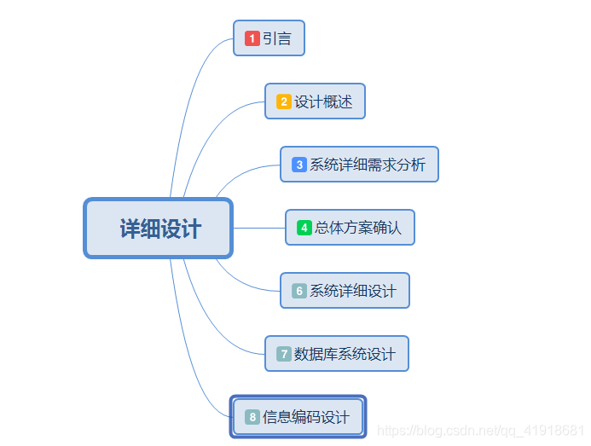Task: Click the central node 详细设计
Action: tap(159, 228)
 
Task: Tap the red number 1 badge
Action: tap(252, 38)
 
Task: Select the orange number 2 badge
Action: tap(283, 101)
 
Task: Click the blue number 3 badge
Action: tap(298, 165)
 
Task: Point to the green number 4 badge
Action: tap(304, 228)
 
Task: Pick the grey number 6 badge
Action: tap(298, 291)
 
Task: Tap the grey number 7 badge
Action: tap(283, 354)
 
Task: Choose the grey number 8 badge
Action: tap(252, 417)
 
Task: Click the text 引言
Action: tap(277, 38)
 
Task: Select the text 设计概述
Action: tap(323, 101)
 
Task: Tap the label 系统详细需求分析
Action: tap(368, 165)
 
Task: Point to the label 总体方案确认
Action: tap(358, 228)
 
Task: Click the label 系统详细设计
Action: tap(353, 291)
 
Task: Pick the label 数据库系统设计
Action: tap(345, 354)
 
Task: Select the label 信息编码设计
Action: tap(306, 417)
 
